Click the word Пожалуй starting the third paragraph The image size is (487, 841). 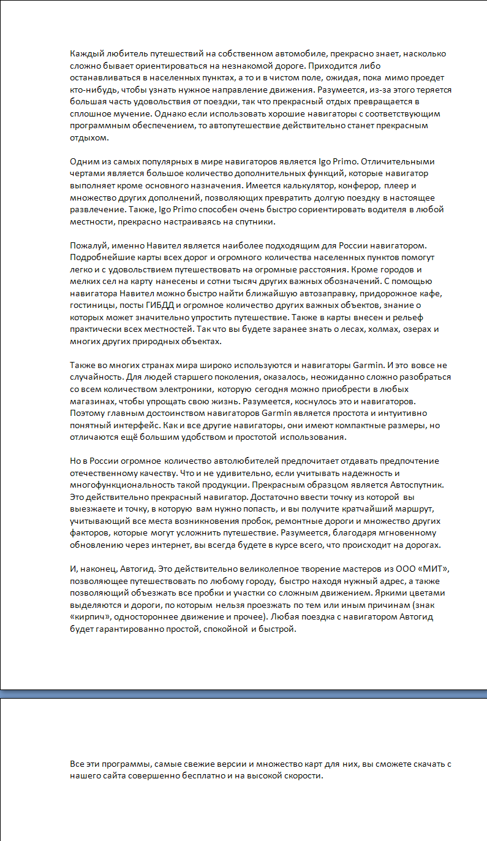88,245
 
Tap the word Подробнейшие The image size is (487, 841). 101,258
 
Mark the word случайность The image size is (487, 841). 94,377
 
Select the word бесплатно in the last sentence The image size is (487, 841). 203,776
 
